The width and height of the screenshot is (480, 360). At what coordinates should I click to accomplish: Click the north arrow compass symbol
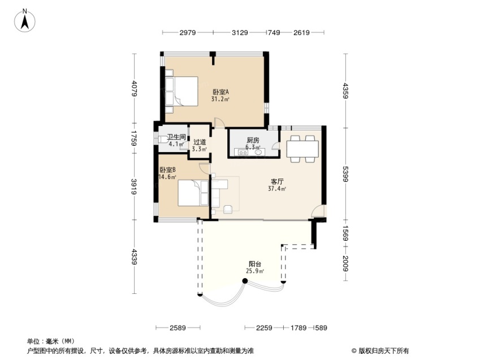(25, 21)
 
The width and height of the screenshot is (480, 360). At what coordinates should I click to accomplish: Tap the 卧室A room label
(220, 92)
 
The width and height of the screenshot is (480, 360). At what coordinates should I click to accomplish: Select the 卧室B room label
(167, 170)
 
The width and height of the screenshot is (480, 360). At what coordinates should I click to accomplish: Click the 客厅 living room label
(277, 182)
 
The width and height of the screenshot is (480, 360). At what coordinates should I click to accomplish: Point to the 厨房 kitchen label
(253, 140)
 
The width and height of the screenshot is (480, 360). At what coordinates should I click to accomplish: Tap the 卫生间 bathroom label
(176, 137)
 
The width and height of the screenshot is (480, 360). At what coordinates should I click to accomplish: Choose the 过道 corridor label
(200, 142)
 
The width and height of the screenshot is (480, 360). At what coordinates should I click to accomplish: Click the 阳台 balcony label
(254, 264)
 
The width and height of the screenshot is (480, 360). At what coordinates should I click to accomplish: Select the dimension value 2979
(188, 32)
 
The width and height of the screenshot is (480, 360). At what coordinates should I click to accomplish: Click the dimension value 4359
(345, 90)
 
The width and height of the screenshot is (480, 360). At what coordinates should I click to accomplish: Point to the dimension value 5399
(345, 174)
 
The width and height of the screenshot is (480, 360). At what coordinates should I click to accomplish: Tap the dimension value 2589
(178, 328)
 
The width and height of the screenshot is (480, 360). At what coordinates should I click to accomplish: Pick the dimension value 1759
(134, 138)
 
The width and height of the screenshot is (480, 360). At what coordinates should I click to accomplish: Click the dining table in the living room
(302, 149)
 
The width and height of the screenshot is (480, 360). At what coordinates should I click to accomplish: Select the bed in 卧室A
(181, 91)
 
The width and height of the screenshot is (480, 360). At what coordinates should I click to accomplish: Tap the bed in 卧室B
(193, 193)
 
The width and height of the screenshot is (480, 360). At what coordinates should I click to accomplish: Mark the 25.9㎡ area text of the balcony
(254, 271)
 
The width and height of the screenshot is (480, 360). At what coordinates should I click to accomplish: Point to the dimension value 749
(274, 32)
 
